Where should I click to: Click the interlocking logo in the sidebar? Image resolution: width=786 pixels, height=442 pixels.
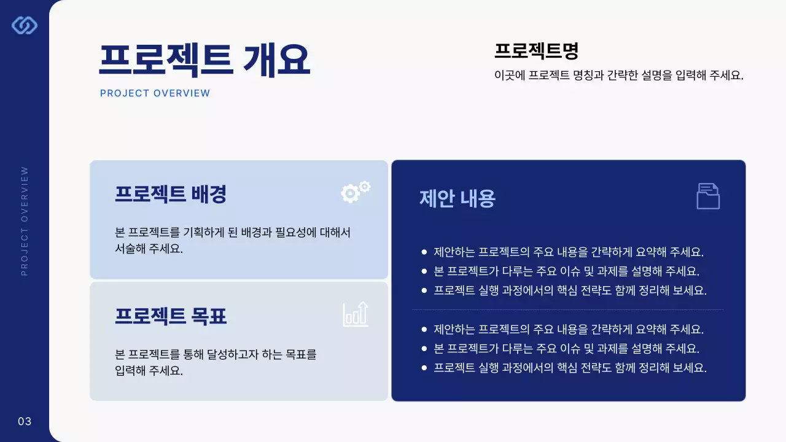point(25,25)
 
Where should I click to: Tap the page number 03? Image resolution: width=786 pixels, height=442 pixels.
point(25,421)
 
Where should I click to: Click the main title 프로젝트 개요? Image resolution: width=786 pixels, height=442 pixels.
point(204,60)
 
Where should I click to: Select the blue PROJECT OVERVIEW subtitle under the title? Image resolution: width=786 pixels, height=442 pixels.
point(155,93)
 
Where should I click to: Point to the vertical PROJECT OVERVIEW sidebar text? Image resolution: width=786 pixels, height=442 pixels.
point(25,221)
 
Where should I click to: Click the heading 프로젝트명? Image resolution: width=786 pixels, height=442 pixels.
point(536,50)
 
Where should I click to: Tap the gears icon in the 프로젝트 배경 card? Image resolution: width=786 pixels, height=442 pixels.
point(356,192)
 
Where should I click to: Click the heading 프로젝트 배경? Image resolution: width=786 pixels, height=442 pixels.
point(171,194)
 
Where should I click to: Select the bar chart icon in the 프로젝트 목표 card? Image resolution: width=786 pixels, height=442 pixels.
point(356,314)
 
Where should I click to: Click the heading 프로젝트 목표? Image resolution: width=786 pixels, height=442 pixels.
point(171,316)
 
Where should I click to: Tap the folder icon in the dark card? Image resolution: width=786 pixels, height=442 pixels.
point(708,196)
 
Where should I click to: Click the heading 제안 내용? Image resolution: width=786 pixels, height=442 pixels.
point(457,198)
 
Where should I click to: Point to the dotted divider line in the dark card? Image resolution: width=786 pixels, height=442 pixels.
point(568,310)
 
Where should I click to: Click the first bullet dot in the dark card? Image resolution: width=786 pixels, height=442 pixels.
point(424,252)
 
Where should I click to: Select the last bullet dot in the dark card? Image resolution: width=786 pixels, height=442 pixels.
point(424,368)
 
